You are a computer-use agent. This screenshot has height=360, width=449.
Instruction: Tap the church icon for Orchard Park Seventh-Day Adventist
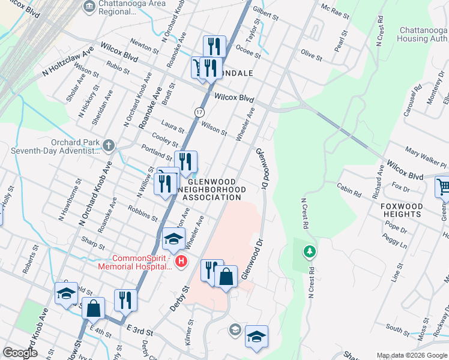[108, 145]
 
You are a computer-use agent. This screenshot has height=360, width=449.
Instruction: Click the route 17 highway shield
[199, 112]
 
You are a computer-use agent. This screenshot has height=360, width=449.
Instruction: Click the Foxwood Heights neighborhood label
[402, 210]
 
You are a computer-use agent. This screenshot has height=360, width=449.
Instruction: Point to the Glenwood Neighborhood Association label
[212, 189]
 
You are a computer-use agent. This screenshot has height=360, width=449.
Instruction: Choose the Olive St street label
[312, 56]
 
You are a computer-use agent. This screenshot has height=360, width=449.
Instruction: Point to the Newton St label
[145, 46]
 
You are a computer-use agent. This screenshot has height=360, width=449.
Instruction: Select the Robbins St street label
[143, 212]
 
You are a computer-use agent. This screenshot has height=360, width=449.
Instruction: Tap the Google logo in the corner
[20, 353]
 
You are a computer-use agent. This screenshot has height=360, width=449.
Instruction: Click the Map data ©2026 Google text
[412, 355]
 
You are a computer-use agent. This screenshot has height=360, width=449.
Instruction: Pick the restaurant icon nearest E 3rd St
[125, 299]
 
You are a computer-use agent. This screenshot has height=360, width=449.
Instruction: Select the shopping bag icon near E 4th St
[94, 308]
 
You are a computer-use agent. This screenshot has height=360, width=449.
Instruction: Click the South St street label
[397, 328]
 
